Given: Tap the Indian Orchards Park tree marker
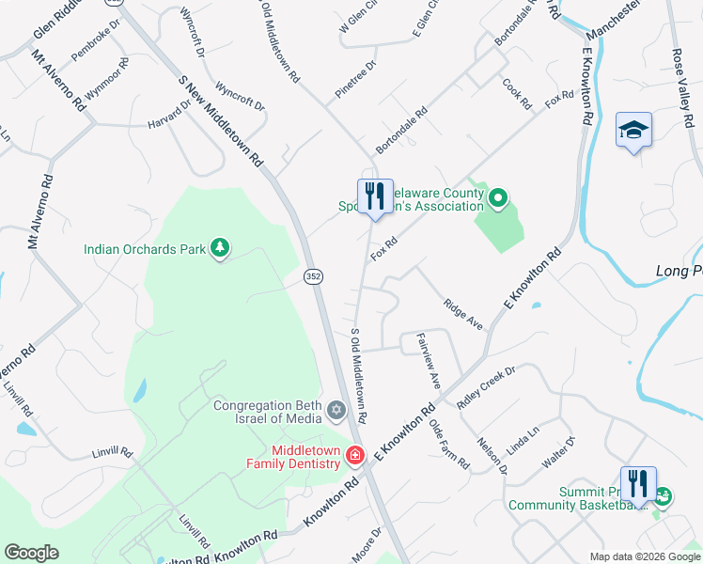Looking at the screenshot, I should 220,248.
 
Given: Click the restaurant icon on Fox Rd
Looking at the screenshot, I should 374,196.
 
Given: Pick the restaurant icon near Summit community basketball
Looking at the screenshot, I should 637,484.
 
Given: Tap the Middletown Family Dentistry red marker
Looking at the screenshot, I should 355,457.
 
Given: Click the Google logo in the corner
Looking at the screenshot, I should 31,553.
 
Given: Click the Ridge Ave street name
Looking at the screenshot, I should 462,314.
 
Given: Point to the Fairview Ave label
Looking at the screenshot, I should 428,366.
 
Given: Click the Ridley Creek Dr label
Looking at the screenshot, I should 486,386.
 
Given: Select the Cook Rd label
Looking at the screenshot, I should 517,93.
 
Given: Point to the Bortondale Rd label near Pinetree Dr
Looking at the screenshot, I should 401,131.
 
